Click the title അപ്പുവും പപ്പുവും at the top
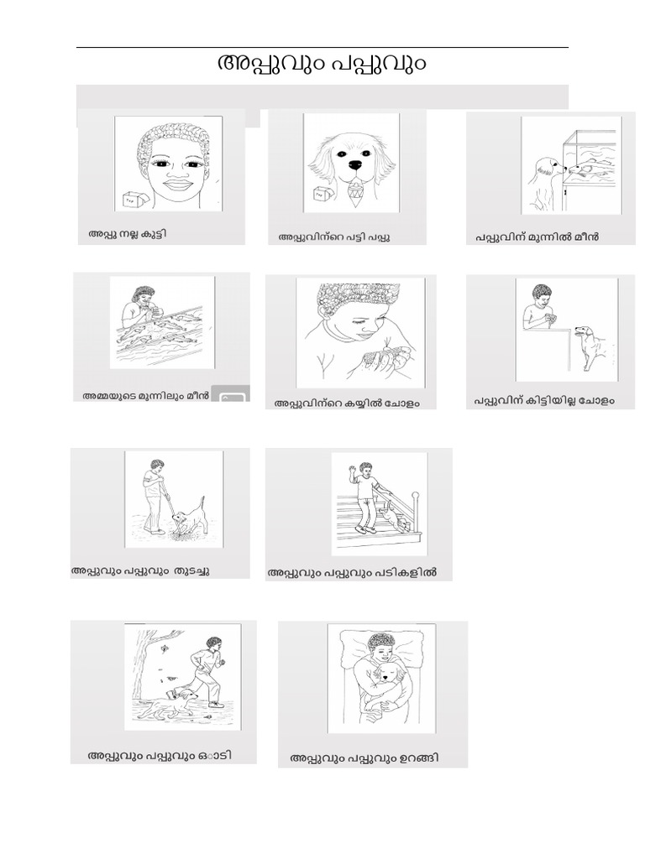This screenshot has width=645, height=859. point(322,64)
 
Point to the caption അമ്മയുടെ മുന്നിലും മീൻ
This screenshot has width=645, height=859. point(144,395)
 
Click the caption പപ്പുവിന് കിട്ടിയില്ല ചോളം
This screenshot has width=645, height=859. point(543,401)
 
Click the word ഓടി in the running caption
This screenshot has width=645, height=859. point(217,755)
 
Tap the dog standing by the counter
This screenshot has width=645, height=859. point(591,344)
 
